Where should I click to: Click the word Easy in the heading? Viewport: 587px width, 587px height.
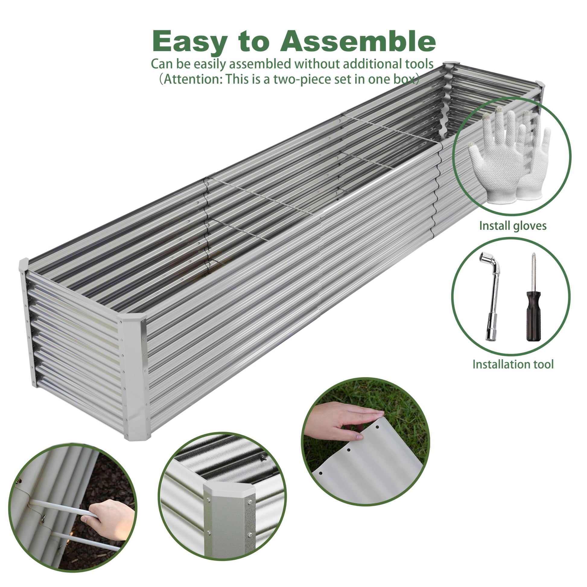(190, 41)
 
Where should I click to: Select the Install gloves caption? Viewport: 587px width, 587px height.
(512, 226)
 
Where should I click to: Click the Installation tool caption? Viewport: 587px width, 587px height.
(513, 364)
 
